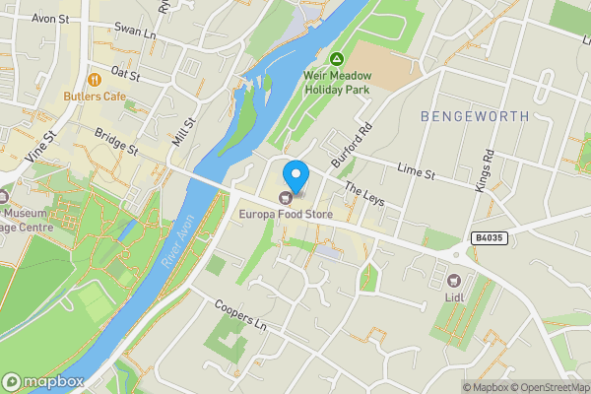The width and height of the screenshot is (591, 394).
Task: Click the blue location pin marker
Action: (x=295, y=175)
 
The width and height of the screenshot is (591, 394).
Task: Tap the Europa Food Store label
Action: (x=285, y=214)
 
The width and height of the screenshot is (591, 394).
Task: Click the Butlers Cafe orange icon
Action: (x=96, y=79)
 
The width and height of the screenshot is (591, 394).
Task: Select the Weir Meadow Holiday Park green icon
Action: (x=337, y=60)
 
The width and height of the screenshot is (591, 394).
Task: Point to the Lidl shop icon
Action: (x=455, y=255)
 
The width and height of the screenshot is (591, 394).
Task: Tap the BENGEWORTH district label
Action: (x=475, y=116)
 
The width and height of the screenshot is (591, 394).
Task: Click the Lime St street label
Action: (x=416, y=173)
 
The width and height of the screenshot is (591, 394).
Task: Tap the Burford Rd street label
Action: (x=354, y=144)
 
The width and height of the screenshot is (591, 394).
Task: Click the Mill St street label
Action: (x=183, y=131)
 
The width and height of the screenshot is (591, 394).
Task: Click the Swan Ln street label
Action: (x=136, y=33)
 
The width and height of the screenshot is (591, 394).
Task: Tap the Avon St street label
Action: (x=50, y=18)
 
